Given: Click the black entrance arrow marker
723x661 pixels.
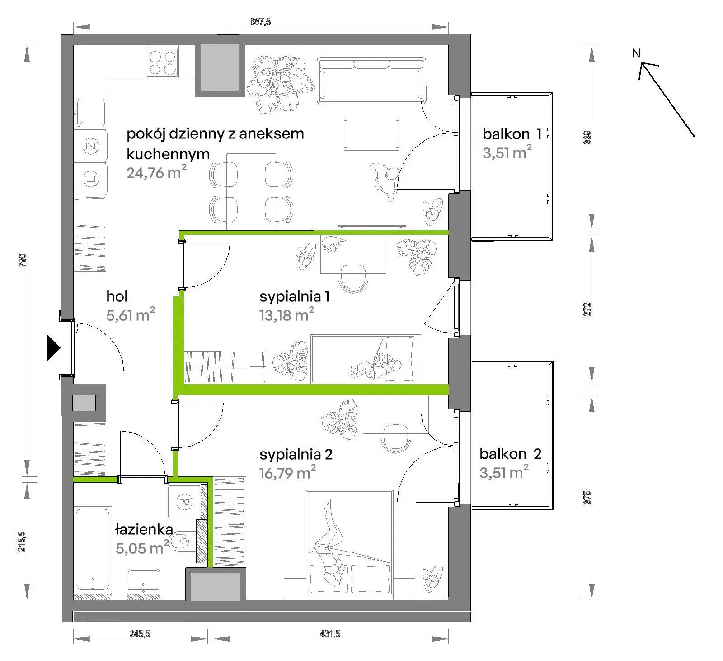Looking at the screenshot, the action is (x=53, y=348).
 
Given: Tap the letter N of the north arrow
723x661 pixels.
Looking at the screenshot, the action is (x=636, y=53).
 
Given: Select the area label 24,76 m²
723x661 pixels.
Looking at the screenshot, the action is (x=156, y=173).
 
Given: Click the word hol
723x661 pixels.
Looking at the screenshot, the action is (x=117, y=296).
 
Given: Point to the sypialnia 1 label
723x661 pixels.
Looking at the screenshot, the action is (x=294, y=297).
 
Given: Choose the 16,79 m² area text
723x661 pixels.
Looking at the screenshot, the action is (x=287, y=473).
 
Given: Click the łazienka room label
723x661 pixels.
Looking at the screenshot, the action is (x=144, y=529).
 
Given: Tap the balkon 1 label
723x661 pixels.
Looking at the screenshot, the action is (x=512, y=134).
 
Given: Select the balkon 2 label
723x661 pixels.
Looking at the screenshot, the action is (x=510, y=454).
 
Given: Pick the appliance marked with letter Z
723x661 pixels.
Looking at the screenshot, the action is (x=90, y=146).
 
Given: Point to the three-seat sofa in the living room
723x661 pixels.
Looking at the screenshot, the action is (x=371, y=80).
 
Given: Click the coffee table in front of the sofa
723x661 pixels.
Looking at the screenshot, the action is (x=371, y=134).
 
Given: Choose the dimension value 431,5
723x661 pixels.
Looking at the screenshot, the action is (x=330, y=634).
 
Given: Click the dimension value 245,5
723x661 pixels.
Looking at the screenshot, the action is (x=140, y=634).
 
